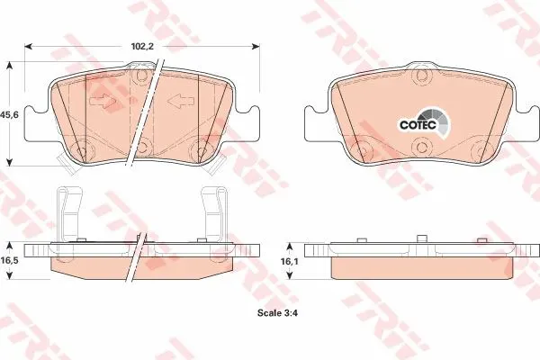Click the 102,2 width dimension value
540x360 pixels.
[142, 47]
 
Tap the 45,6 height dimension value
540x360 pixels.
[9, 114]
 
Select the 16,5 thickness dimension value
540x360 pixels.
[9, 260]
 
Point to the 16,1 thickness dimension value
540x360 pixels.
[290, 262]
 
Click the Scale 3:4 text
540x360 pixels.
[277, 313]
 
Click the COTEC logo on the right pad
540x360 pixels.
[424, 122]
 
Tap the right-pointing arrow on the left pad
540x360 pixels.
[103, 101]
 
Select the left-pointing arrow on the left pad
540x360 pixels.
[181, 101]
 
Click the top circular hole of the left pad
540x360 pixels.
[140, 76]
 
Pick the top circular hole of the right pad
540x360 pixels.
[422, 76]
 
